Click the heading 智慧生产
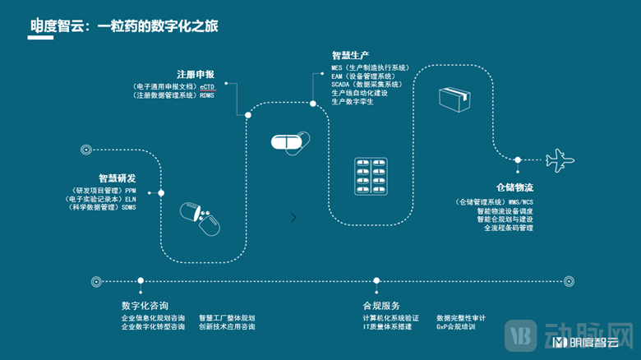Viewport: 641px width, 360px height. click(350, 54)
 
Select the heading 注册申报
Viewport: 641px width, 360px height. click(196, 73)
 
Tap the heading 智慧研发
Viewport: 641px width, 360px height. click(117, 178)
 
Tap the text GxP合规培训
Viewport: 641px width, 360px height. click(456, 326)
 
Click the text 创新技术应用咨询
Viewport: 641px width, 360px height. click(227, 326)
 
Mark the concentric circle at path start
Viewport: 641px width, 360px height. click(85, 150)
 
